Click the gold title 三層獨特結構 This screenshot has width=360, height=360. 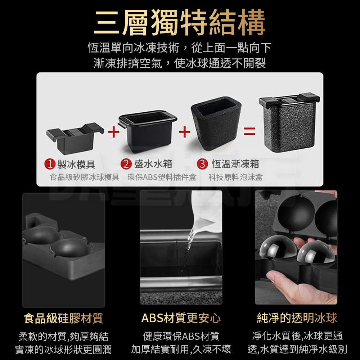[180, 22]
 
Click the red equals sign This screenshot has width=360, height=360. [249, 131]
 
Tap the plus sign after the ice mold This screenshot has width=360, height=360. [113, 132]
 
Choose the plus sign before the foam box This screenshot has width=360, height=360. [185, 132]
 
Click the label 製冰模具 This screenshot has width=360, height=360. [76, 164]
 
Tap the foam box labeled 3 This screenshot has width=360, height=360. [216, 123]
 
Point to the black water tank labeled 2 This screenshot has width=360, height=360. [148, 131]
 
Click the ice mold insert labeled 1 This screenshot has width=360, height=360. [75, 138]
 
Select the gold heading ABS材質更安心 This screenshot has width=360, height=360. [181, 318]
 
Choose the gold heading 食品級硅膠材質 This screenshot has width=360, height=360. [63, 318]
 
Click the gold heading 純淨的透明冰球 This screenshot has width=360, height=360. [297, 318]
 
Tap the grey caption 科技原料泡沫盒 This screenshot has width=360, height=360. [235, 177]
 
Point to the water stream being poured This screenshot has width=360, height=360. [186, 253]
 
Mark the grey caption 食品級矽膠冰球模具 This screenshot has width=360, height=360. [85, 177]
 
